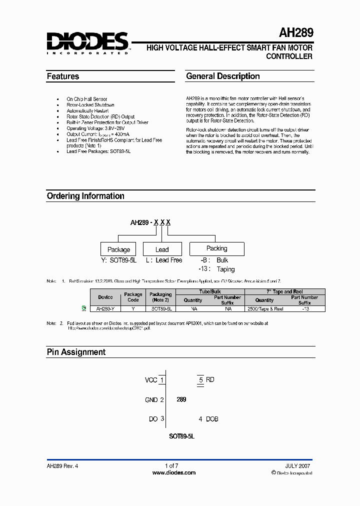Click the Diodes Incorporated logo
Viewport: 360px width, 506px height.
tap(87, 42)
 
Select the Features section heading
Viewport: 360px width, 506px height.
tap(63, 76)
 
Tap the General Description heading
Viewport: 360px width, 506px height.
tap(222, 76)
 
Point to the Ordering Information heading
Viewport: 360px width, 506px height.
tap(85, 196)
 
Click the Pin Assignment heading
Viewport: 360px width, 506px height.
tap(76, 352)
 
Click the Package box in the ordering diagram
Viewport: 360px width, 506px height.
tap(119, 249)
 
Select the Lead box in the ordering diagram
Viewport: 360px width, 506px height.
tap(162, 249)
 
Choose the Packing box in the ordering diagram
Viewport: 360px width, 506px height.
tap(216, 248)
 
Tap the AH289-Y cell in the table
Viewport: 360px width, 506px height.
tap(105, 309)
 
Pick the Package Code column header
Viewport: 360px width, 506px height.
tap(133, 297)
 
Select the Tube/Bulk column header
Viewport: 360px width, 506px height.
tap(211, 291)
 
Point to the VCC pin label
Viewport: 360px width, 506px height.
tap(151, 380)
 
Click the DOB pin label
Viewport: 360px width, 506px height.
tap(212, 419)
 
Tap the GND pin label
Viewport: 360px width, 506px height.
tap(151, 399)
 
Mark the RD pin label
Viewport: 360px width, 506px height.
tap(210, 380)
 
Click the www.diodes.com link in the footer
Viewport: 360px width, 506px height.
tap(173, 472)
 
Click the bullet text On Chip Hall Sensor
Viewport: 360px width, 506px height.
tap(87, 99)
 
